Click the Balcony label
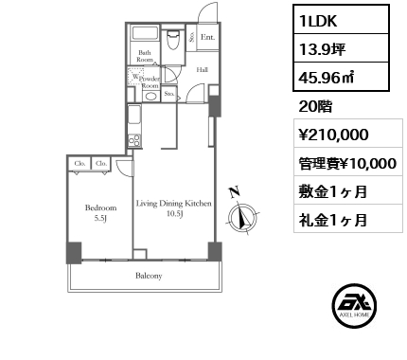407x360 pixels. pyautogui.click(x=149, y=277)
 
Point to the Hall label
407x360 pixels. pyautogui.click(x=203, y=69)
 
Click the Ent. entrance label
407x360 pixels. pyautogui.click(x=207, y=39)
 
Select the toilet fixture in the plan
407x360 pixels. pyautogui.click(x=173, y=44)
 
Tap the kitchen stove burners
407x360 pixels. pyautogui.click(x=134, y=141)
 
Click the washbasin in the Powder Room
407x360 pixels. pyautogui.click(x=150, y=97)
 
